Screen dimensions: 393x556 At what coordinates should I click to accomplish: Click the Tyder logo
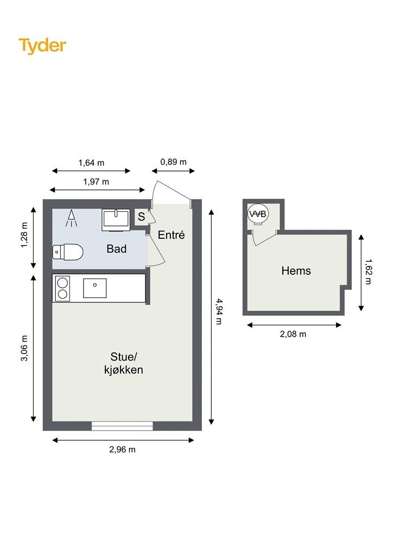point(42,46)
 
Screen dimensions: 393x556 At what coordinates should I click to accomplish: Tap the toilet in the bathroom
point(68,252)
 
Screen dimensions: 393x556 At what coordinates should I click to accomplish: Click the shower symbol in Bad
point(71,218)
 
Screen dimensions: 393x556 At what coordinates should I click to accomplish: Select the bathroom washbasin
point(116,220)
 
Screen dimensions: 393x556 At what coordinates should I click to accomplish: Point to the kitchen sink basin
point(94,288)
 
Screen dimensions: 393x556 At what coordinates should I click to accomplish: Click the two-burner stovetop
point(62,288)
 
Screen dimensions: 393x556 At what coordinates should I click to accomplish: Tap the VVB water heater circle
point(258,214)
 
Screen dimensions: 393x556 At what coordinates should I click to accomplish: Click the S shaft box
point(141,217)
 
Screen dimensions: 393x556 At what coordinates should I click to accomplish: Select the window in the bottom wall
point(122,426)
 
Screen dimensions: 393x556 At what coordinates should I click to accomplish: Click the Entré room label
point(172,235)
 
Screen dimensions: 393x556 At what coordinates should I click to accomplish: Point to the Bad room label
point(117,249)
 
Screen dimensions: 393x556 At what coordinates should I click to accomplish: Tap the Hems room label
point(296,270)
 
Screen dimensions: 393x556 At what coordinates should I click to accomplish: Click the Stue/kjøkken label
point(124,363)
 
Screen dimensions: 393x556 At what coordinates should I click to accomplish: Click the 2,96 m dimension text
point(122,450)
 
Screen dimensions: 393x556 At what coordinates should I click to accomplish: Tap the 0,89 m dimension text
point(173,162)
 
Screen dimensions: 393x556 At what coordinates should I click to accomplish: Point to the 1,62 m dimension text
point(369,271)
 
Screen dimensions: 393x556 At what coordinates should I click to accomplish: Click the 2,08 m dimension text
point(293,334)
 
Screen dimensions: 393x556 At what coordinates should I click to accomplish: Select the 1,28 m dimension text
point(24,235)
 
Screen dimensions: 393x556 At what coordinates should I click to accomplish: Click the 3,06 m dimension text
point(24,348)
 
